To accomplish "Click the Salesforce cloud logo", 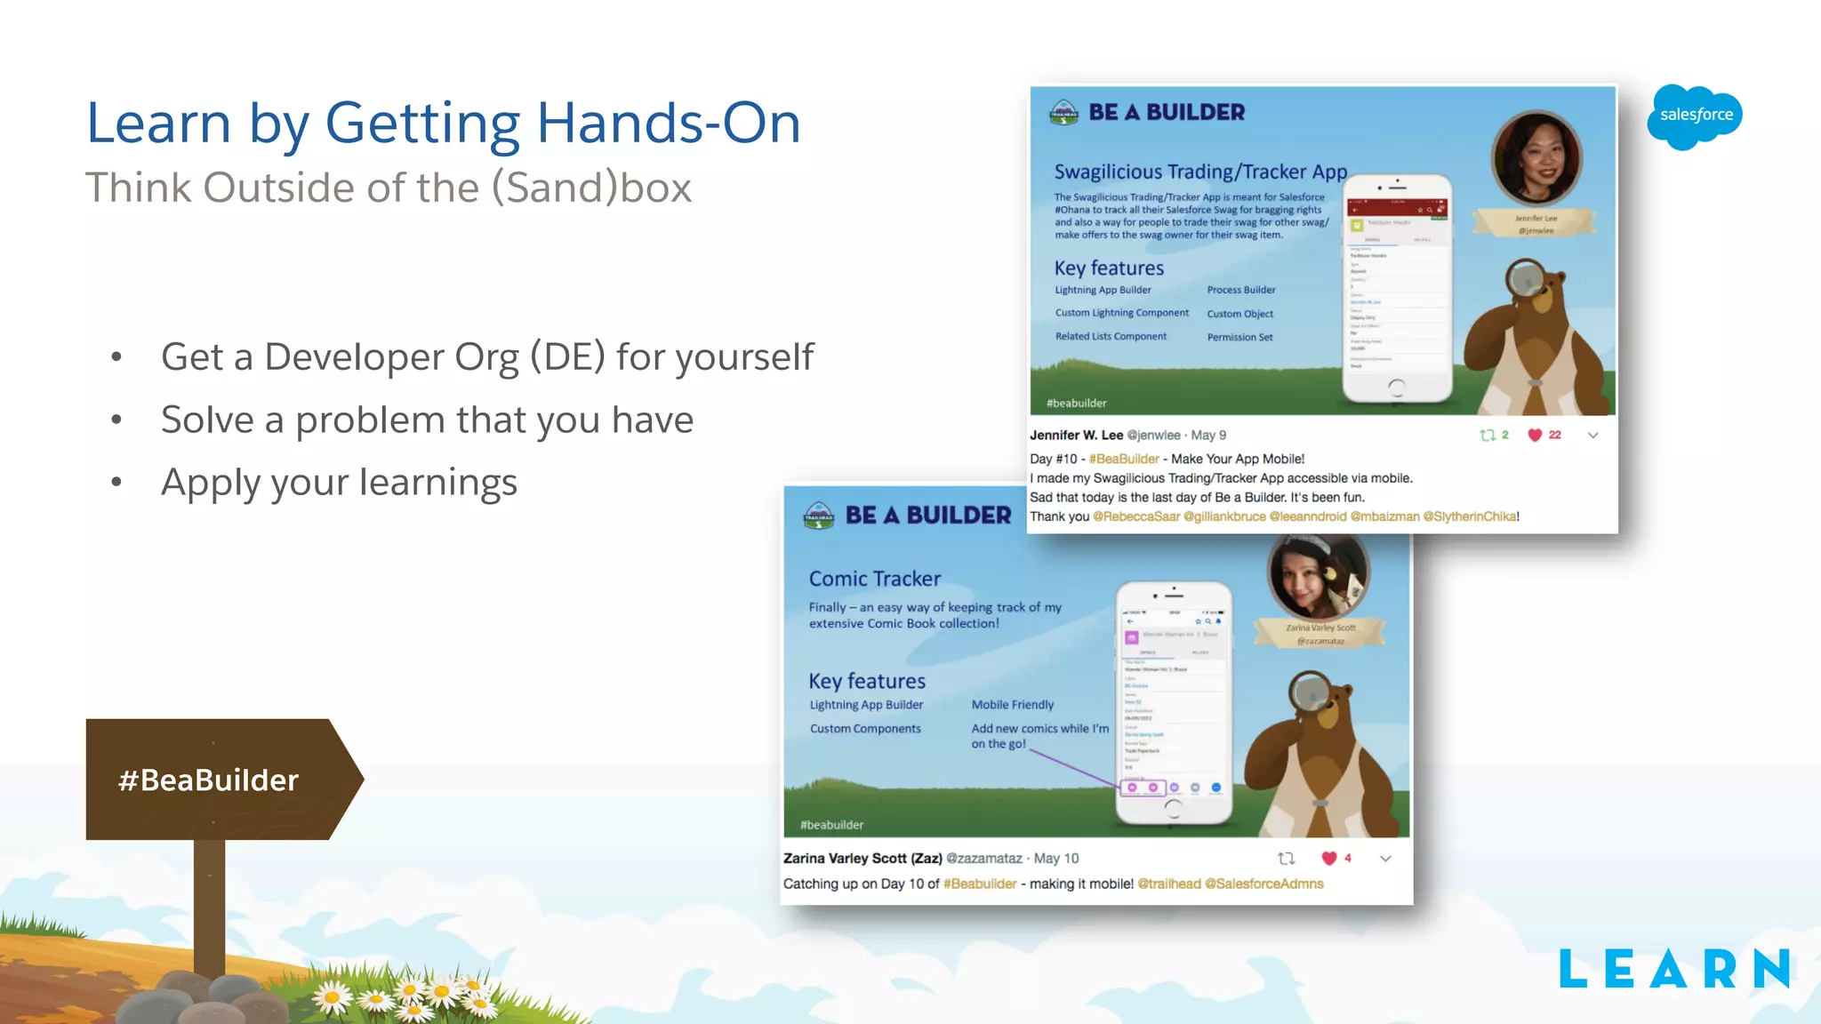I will (1695, 116).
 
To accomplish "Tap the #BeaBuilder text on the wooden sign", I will (208, 780).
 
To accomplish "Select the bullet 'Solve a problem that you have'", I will (427, 420).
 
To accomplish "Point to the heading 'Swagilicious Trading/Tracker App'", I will (1200, 172).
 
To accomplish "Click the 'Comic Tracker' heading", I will (874, 579).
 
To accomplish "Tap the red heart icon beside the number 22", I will (1534, 435).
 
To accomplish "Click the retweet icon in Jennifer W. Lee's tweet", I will (1487, 435).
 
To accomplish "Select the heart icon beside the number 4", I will (1328, 858).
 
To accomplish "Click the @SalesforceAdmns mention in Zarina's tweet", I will (1263, 884).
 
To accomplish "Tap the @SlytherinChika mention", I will (1470, 516).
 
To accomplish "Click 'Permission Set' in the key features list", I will (1239, 337).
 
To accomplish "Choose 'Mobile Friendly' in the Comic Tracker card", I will (1012, 705).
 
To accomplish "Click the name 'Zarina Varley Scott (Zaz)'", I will (862, 858).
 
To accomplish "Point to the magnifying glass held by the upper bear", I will (1526, 280).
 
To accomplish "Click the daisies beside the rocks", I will (409, 997).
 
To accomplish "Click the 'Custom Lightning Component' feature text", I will (1121, 313).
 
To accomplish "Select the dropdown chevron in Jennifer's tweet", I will (1592, 435).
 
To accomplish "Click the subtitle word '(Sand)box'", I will (591, 188).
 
